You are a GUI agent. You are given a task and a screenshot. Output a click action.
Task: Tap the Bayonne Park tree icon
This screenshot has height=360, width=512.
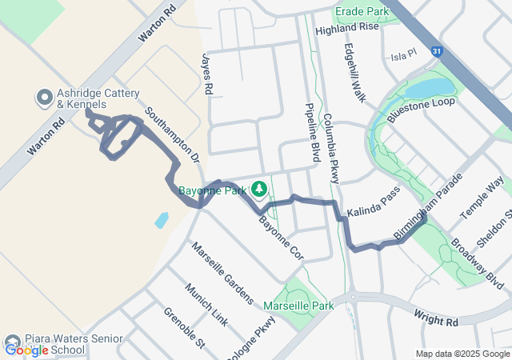(258, 189)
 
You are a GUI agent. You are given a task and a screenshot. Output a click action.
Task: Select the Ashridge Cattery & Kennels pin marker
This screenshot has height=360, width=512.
(44, 99)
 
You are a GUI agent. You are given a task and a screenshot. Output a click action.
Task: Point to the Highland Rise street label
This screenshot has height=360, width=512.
(346, 27)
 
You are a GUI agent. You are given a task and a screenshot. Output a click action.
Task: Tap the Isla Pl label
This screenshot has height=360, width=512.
(405, 55)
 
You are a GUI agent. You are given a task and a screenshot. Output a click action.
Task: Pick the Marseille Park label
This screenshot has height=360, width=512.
(298, 306)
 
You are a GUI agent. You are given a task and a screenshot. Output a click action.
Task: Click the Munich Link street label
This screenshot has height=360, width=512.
(206, 303)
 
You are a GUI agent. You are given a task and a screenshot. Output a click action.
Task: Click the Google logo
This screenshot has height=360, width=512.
(26, 350)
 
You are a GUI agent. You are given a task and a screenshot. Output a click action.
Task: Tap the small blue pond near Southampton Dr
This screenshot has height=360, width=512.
(162, 219)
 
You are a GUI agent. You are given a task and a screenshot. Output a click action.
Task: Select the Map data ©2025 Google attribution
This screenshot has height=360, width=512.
(462, 354)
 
